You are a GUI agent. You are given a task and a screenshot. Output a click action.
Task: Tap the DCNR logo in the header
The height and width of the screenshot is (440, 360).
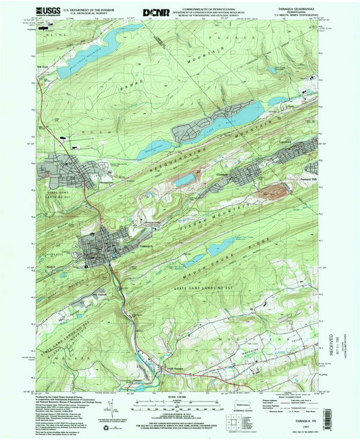pyautogui.click(x=155, y=11)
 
